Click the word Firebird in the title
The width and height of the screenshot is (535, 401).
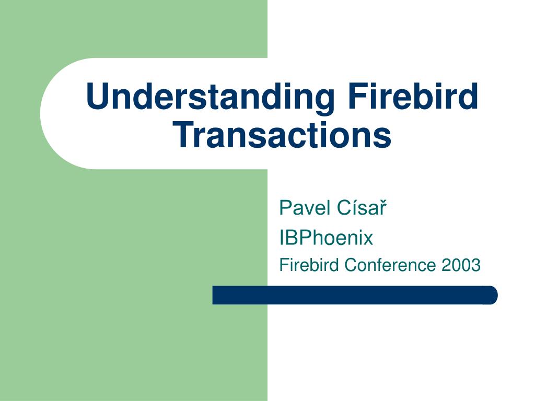click(412, 97)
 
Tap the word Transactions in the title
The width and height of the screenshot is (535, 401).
click(283, 135)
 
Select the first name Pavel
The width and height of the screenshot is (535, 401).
click(298, 208)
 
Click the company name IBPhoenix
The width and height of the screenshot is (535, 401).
click(326, 238)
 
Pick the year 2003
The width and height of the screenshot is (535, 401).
click(460, 265)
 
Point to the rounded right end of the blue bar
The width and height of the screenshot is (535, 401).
click(491, 295)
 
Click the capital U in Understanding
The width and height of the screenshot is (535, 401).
click(98, 98)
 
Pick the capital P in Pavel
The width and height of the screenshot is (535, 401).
click(285, 208)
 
